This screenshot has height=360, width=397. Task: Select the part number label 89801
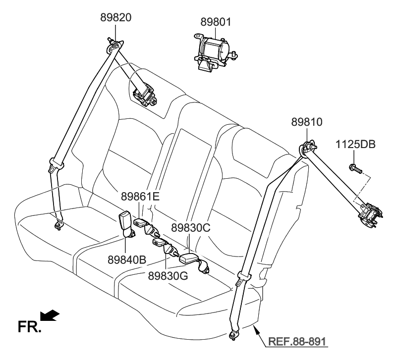216,22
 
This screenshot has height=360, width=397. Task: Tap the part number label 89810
307,121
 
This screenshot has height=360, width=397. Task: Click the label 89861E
140,196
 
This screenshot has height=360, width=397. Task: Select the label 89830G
168,275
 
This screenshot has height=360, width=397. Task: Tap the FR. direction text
29,327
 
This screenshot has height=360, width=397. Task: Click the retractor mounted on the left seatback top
146,95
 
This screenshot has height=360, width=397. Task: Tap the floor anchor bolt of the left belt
59,225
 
